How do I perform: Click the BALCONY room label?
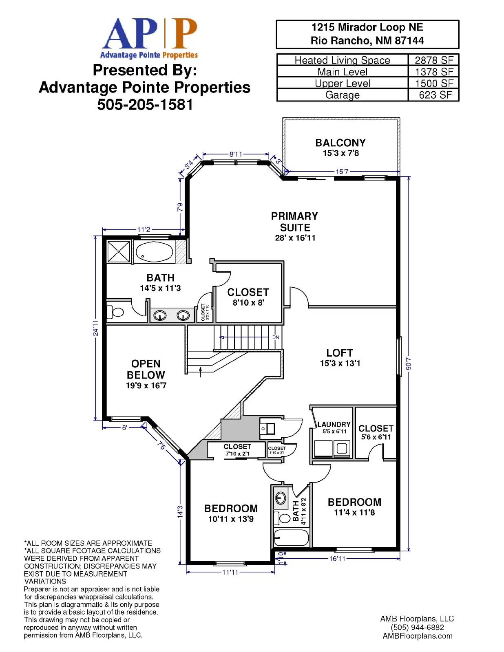340,143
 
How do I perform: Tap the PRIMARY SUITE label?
295,222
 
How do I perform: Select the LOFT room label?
340,353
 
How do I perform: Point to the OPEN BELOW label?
146,369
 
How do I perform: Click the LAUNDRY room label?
334,425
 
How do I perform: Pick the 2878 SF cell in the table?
434,60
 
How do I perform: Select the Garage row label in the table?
342,95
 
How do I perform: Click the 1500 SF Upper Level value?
434,83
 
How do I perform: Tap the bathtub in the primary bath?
154,252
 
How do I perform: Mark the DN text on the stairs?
276,337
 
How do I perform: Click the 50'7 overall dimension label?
409,363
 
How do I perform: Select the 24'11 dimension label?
95,328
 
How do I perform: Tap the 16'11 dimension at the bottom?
337,558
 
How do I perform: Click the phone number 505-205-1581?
145,105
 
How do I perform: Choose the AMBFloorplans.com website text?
418,636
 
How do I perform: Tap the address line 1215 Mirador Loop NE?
367,27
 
